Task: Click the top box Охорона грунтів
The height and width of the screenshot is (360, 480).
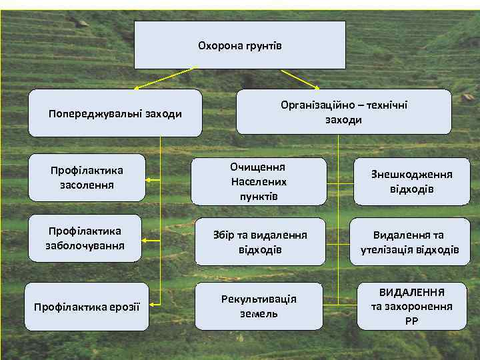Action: [240, 45]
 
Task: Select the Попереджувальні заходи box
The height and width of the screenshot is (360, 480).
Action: [115, 113]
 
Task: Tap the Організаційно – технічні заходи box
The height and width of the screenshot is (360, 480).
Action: [343, 112]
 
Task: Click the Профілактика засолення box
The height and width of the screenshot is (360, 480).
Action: [87, 177]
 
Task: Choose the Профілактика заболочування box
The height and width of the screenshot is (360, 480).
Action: [84, 237]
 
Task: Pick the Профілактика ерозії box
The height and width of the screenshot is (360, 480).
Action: [87, 307]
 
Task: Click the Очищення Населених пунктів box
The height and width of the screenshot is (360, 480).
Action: [259, 181]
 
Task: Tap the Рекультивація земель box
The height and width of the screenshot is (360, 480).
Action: [259, 306]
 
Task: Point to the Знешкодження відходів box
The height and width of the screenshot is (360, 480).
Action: [411, 181]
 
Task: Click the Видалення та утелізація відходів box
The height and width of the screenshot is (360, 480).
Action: [410, 242]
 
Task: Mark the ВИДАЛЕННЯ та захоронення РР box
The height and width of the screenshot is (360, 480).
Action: [411, 307]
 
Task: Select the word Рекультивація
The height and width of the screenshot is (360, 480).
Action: [259, 299]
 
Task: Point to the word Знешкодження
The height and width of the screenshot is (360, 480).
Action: [411, 175]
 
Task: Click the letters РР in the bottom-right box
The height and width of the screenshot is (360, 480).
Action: [411, 321]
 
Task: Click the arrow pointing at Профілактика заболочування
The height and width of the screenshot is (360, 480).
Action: [153, 241]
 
